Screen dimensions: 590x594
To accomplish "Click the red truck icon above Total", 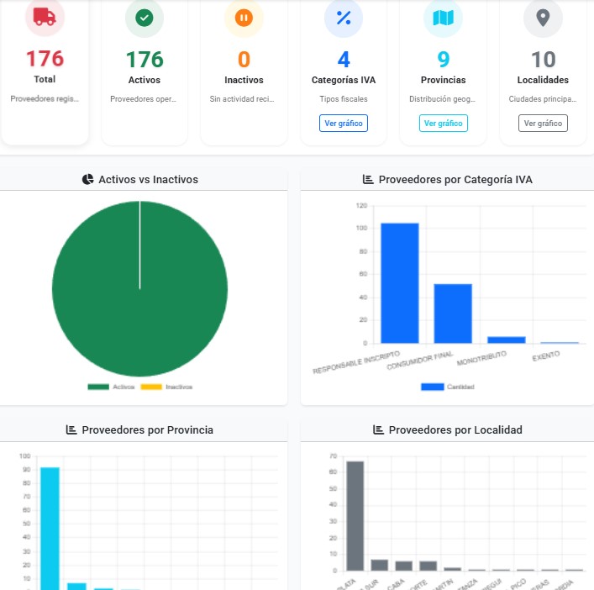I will (x=45, y=18).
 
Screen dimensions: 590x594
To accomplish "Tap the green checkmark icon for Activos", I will (x=145, y=18).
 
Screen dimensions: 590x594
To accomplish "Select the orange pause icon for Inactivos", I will (x=244, y=18).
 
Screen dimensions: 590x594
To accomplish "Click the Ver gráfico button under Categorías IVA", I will (x=344, y=123).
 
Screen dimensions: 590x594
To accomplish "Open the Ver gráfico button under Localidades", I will (x=543, y=123).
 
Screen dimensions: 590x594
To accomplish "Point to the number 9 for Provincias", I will (x=443, y=60).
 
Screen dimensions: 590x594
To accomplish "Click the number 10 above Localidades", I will (x=543, y=60).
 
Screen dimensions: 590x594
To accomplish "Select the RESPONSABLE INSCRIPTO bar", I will (x=399, y=282).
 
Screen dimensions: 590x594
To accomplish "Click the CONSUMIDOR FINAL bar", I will (x=453, y=313).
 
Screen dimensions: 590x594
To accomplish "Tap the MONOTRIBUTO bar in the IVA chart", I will (x=507, y=340).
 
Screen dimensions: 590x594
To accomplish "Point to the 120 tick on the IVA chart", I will (x=361, y=205).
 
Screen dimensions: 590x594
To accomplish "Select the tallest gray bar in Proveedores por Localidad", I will (x=355, y=514).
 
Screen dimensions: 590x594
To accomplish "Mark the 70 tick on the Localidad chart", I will (x=333, y=456).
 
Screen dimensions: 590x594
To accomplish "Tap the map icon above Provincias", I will (x=443, y=18).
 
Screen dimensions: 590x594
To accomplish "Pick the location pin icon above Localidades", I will (x=543, y=18).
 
